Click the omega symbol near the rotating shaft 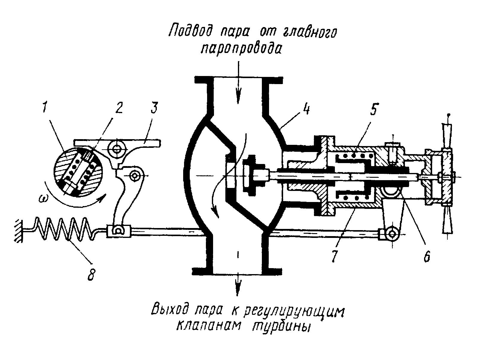(43, 198)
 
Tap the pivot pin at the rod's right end (392, 234)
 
